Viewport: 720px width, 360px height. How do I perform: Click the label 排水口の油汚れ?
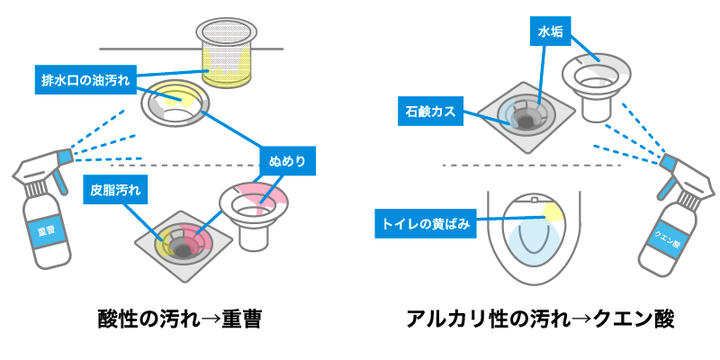86,78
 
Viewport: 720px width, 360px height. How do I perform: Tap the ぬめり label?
287,161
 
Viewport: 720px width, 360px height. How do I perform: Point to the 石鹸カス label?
429,112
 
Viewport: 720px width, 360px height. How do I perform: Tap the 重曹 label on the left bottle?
42,230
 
